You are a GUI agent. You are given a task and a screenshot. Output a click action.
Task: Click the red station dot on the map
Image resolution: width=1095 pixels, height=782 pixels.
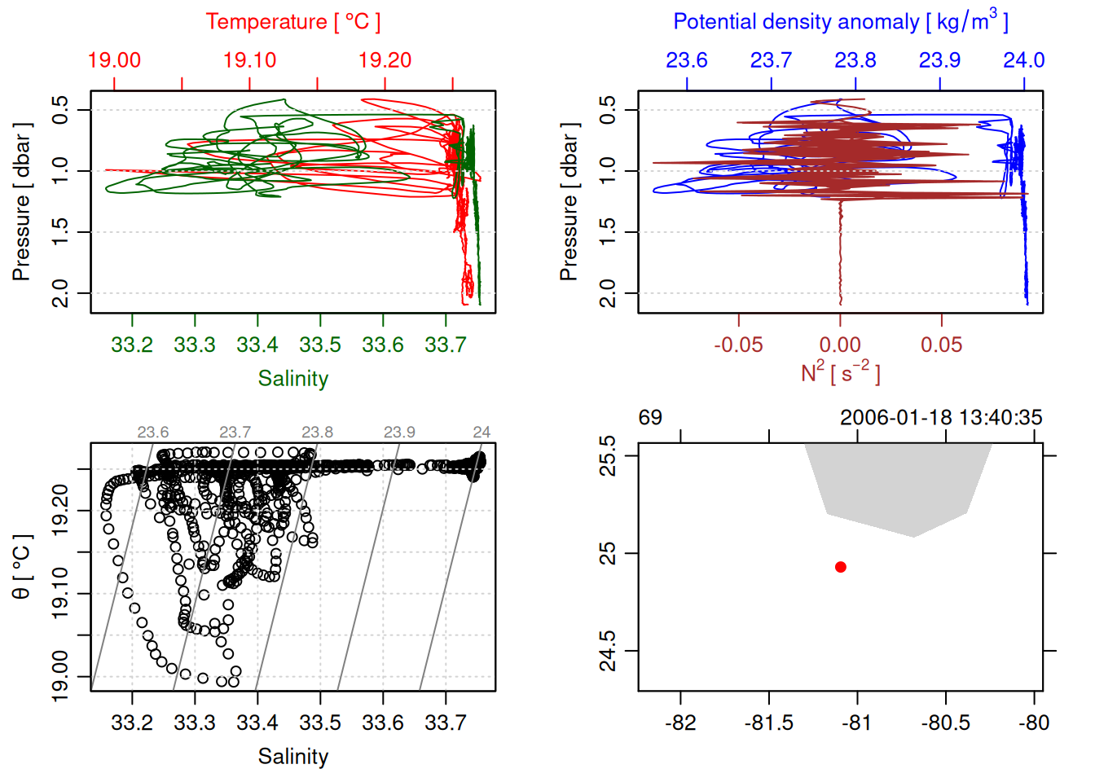[841, 567]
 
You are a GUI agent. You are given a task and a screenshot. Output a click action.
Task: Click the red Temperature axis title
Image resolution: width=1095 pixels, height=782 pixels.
[293, 22]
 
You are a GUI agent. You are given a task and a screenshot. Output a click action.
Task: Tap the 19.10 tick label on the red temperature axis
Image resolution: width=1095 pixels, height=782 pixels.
[249, 60]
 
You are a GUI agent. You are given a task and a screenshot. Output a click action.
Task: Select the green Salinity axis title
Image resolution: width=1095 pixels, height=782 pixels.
[293, 379]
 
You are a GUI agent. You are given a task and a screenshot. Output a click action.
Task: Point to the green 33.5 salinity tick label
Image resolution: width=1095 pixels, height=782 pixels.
[320, 345]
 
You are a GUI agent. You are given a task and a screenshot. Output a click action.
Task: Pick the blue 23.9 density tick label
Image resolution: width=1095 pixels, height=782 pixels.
[939, 60]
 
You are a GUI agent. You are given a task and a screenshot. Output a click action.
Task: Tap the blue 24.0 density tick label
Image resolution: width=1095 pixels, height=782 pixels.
[1023, 60]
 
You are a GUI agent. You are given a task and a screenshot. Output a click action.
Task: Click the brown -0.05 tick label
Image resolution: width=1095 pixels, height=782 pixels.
[738, 345]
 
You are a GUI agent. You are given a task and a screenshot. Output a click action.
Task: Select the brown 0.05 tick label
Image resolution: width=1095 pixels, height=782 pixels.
[942, 345]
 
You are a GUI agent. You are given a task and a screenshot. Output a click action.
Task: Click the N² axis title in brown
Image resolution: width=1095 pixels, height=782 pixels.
[841, 372]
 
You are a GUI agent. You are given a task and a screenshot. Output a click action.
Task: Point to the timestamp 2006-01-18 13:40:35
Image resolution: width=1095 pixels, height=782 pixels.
[941, 418]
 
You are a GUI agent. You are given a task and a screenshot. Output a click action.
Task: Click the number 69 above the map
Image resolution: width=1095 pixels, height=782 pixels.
[650, 418]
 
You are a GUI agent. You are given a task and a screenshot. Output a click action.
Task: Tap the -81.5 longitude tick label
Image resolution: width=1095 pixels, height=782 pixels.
[768, 723]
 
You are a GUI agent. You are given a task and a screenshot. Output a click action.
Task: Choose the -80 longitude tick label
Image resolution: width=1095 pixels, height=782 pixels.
[1034, 723]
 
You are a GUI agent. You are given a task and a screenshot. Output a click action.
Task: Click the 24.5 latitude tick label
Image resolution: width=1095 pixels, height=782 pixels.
[608, 652]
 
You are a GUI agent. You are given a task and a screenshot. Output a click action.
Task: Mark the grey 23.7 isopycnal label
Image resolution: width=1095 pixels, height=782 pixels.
[235, 433]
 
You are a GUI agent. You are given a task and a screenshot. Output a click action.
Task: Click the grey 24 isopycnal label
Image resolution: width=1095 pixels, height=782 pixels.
[482, 433]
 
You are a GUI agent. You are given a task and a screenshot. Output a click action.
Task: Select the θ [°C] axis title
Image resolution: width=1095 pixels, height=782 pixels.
[22, 567]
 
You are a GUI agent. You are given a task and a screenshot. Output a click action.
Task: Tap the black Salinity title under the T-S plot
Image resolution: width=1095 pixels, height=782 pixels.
[293, 757]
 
